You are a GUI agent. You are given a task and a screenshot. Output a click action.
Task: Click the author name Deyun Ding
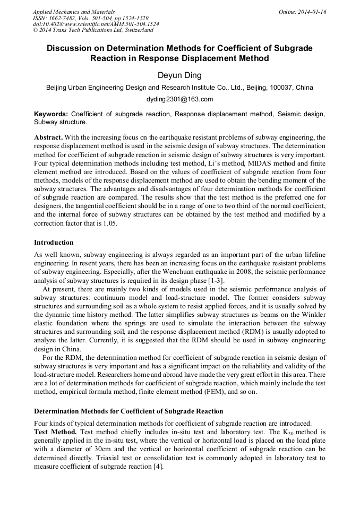179,76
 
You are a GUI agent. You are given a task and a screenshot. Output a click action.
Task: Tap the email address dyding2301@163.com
179,99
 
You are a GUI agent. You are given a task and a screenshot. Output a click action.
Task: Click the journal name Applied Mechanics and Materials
74,12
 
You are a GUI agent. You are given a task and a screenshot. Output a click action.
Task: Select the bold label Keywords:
51,114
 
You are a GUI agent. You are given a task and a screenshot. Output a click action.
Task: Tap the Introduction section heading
54,243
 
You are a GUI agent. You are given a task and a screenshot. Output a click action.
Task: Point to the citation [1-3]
219,280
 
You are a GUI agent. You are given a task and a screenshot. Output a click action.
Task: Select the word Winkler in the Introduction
312,314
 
